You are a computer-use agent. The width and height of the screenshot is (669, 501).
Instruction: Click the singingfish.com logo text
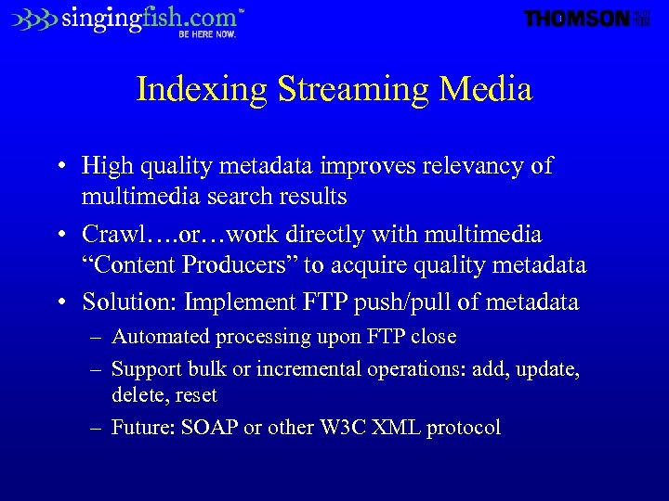pos(149,18)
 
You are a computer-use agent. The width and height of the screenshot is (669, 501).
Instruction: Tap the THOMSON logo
pos(577,19)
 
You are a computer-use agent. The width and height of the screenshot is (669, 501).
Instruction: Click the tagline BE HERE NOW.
pos(207,34)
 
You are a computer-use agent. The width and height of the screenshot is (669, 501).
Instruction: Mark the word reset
pos(195,395)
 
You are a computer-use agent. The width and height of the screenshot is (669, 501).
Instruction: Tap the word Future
pos(139,428)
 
